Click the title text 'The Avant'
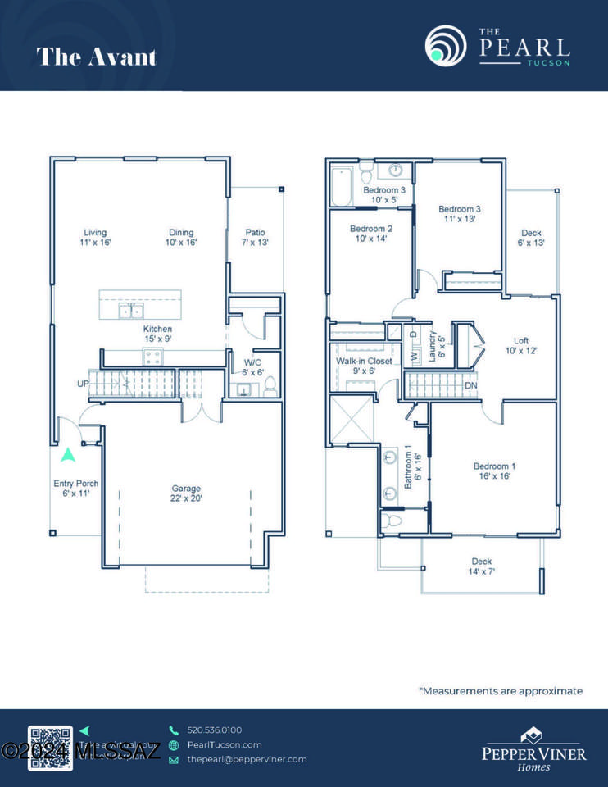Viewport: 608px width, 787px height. (96, 57)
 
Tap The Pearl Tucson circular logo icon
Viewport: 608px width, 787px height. (446, 46)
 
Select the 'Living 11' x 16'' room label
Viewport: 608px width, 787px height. (97, 237)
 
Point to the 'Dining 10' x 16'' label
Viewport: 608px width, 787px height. (181, 237)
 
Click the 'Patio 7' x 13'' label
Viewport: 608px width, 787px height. (255, 237)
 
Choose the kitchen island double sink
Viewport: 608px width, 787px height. (131, 311)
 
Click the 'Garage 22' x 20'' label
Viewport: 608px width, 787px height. (186, 494)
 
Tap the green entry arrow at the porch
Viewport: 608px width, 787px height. (67, 453)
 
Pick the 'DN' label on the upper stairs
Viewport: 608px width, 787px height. (470, 385)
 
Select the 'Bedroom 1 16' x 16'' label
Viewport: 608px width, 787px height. (494, 471)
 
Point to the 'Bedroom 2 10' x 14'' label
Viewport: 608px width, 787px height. (371, 234)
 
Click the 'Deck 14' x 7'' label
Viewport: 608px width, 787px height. (481, 566)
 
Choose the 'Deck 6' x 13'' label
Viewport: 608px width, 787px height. (531, 238)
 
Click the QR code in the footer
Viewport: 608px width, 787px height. (50, 748)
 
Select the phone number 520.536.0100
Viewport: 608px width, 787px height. (214, 730)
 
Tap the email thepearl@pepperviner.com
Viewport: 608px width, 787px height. (247, 759)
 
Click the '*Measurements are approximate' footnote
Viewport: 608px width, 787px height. (501, 691)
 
